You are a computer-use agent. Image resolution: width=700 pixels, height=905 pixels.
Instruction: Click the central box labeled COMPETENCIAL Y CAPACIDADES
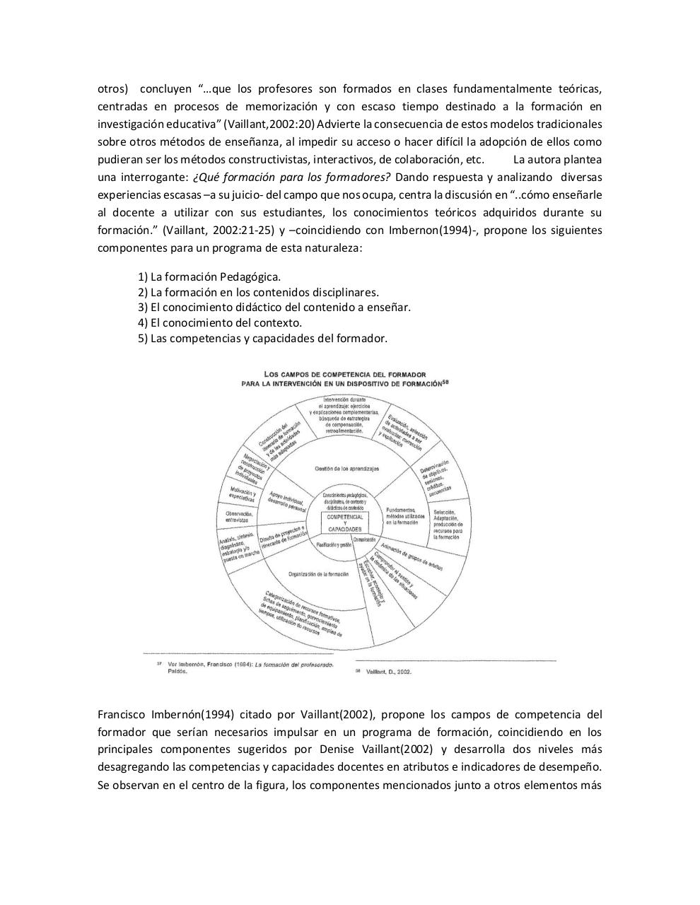[x=344, y=523]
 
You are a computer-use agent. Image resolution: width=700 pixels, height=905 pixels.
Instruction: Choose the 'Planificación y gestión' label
[x=334, y=545]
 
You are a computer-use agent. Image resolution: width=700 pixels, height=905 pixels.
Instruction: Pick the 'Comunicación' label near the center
[x=364, y=539]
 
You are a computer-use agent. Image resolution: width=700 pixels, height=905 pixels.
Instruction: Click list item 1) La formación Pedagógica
[x=209, y=276]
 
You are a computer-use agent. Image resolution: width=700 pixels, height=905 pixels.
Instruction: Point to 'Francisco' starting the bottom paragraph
[x=122, y=714]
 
